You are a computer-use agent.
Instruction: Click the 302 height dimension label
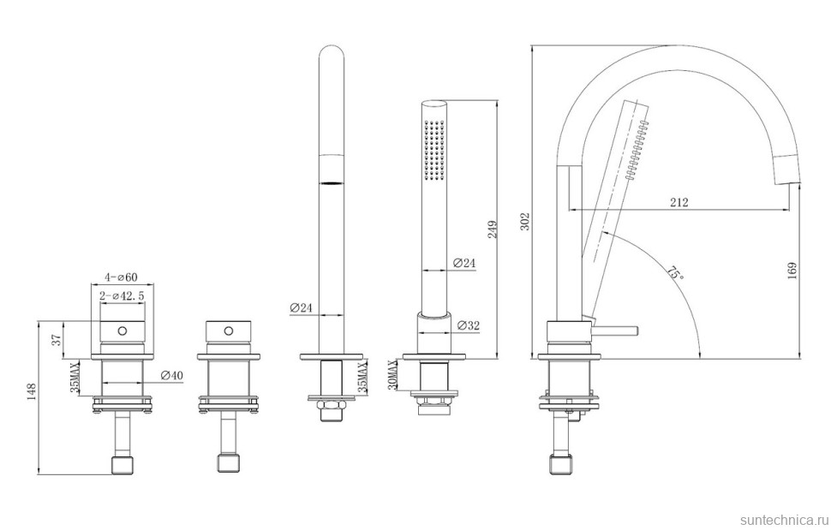pos(525,223)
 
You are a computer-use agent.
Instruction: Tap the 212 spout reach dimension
pos(679,202)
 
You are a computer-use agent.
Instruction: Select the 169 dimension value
pos(792,272)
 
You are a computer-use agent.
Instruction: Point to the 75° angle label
pos(674,274)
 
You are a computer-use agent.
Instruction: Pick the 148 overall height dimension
pos(32,393)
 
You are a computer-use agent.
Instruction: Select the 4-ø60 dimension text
pos(121,277)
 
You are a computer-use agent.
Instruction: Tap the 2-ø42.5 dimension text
pos(122,296)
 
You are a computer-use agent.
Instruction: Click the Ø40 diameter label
pos(171,375)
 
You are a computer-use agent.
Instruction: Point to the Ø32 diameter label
pos(468,325)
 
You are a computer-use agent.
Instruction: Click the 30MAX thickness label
pos(392,375)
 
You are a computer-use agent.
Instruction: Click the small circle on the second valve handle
pos(228,331)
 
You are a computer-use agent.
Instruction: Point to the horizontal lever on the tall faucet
pos(615,331)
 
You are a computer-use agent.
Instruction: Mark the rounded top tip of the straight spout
pos(332,46)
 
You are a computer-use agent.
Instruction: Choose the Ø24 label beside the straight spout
pos(302,307)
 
